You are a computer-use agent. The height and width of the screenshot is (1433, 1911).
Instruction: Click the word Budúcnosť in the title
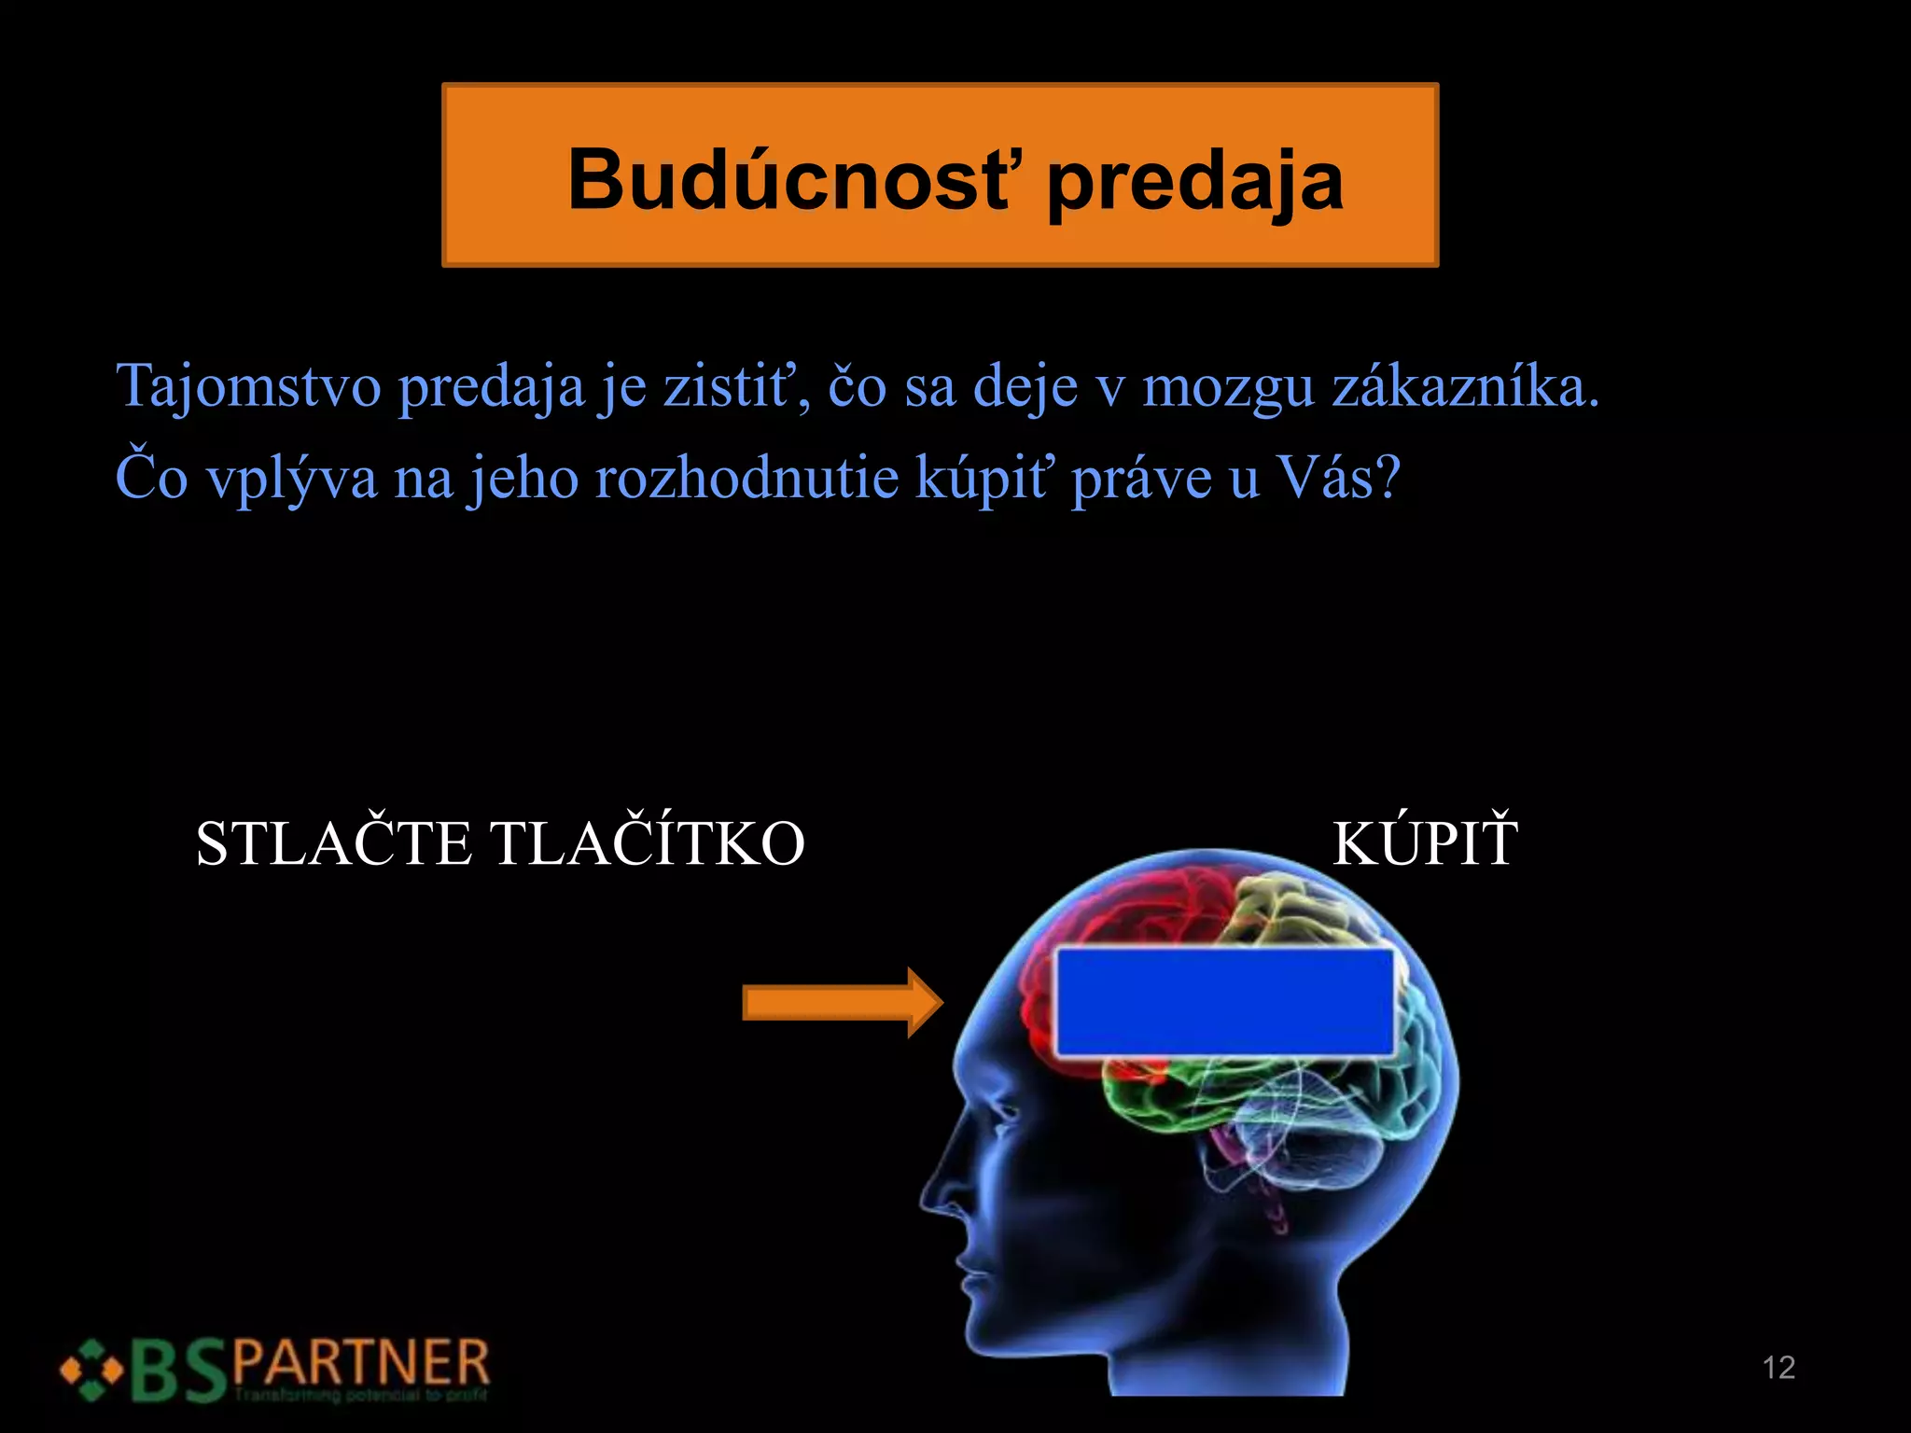coord(788,179)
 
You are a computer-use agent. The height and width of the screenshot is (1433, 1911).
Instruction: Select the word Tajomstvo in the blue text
coord(248,386)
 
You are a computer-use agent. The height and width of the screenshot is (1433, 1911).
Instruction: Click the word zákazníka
coord(1465,386)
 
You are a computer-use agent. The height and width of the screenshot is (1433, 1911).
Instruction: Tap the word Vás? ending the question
coord(1338,478)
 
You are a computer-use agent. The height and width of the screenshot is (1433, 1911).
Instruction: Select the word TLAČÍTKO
coord(648,843)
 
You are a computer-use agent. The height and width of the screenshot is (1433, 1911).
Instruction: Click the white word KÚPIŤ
coord(1424,843)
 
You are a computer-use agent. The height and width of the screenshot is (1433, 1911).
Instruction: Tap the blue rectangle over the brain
coord(1224,1004)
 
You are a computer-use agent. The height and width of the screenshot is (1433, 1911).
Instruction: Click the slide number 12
coord(1778,1368)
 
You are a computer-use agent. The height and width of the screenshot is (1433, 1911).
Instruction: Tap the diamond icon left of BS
coord(91,1370)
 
